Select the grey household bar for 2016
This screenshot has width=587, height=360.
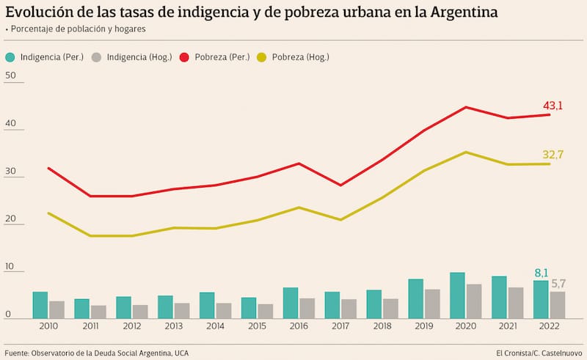[307, 308]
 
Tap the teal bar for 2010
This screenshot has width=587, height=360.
[40, 305]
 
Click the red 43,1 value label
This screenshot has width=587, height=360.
[552, 106]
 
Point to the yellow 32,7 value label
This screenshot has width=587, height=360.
[553, 155]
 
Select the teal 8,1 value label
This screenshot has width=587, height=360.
[541, 273]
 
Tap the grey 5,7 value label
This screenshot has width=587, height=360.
[558, 284]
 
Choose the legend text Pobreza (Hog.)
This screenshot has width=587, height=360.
[300, 57]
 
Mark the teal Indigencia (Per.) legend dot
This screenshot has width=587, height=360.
[10, 57]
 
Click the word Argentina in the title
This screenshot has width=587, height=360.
[459, 12]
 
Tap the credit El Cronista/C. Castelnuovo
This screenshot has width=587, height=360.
[539, 353]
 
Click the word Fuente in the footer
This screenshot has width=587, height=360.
[18, 353]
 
